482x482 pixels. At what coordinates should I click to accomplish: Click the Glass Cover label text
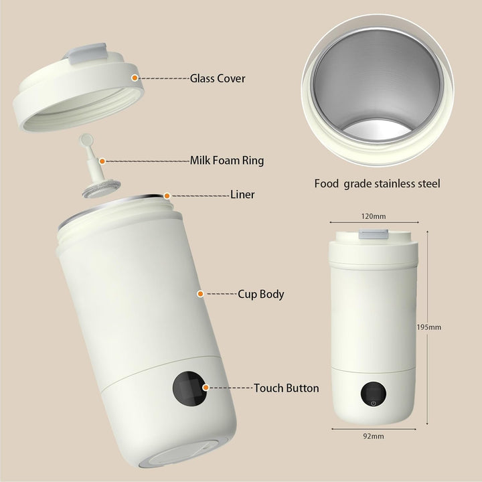point(218,78)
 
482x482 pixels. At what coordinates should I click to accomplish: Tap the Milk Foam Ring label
point(227,161)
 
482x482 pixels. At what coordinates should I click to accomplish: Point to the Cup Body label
point(261,294)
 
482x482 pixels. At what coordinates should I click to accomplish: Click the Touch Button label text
point(286,388)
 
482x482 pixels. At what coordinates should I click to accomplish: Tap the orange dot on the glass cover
point(135,78)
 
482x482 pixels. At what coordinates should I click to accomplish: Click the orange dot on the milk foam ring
point(102,161)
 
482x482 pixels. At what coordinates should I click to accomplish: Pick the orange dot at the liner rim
point(166,195)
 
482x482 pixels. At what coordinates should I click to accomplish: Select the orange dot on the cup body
point(199,293)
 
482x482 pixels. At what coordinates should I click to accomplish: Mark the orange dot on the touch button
point(206,388)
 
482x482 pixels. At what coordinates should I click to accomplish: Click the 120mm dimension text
point(373,217)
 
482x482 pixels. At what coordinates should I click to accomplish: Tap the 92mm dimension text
point(373,436)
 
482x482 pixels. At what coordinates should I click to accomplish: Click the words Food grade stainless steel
point(377,183)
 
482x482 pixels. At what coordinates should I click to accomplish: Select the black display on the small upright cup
point(372,394)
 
